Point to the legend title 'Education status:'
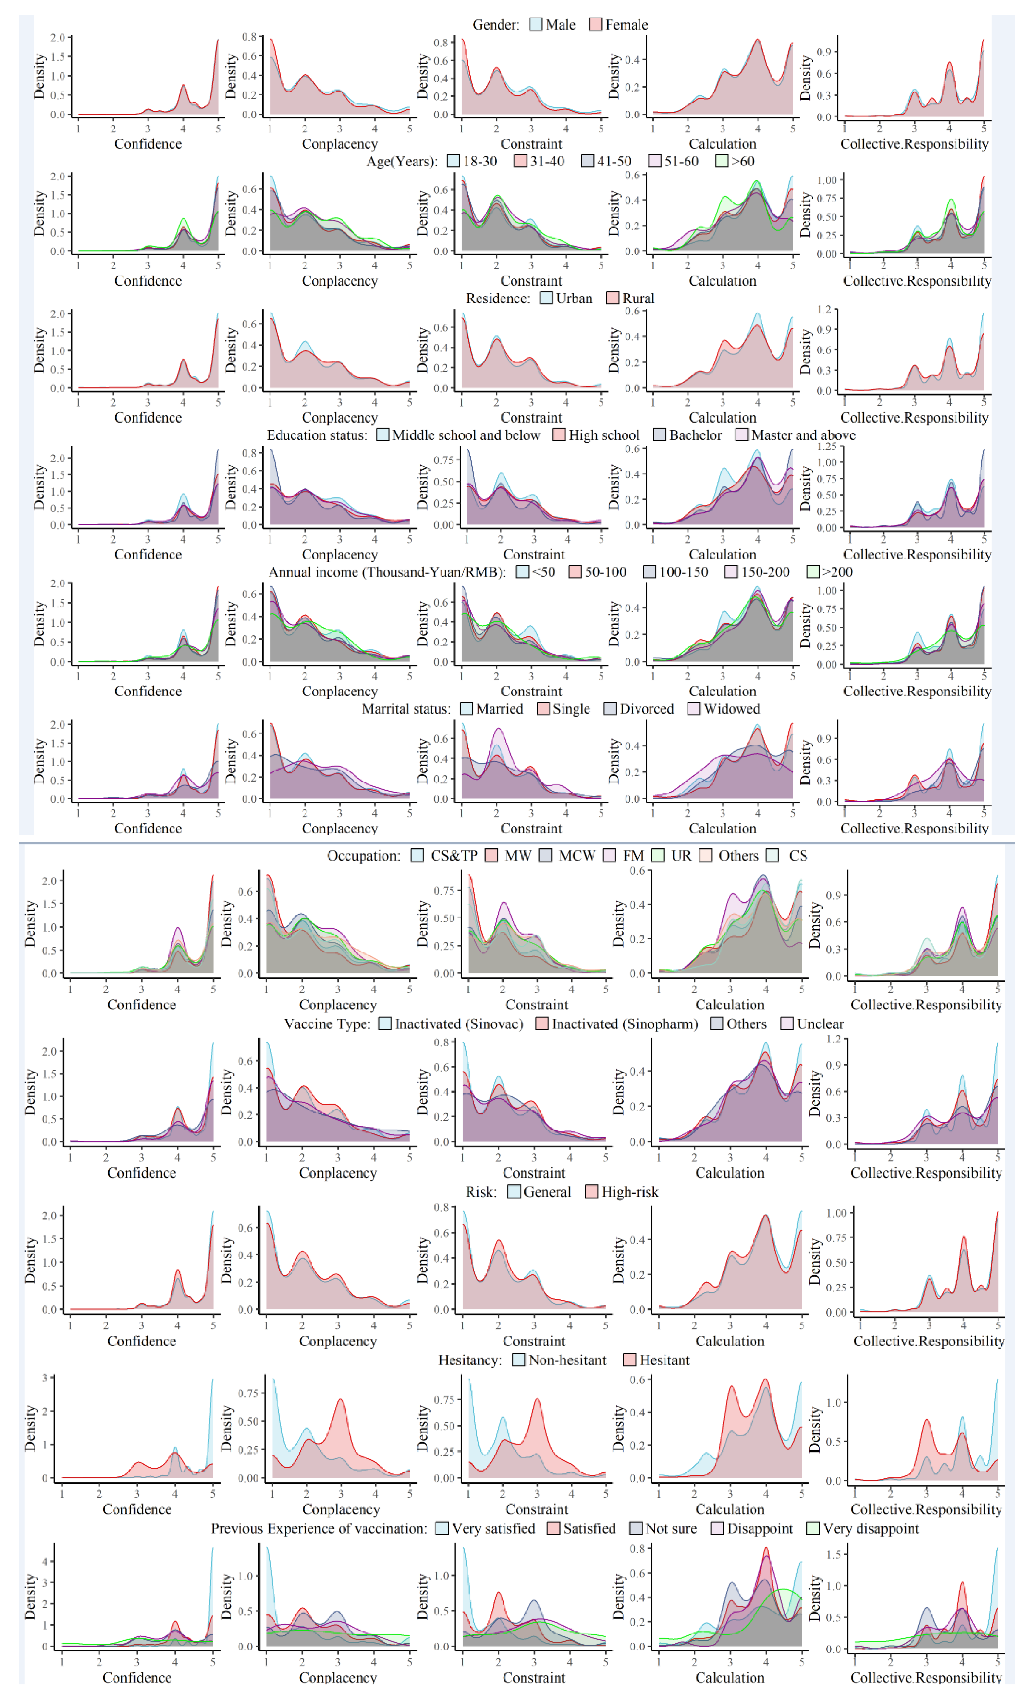pos(317,435)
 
